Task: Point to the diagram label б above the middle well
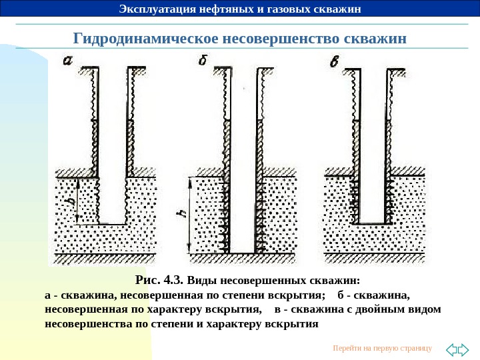204,61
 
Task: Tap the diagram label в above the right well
335,62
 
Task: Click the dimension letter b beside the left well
69,200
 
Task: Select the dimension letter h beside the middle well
180,214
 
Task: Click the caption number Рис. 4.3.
160,279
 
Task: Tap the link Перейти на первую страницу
382,349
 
